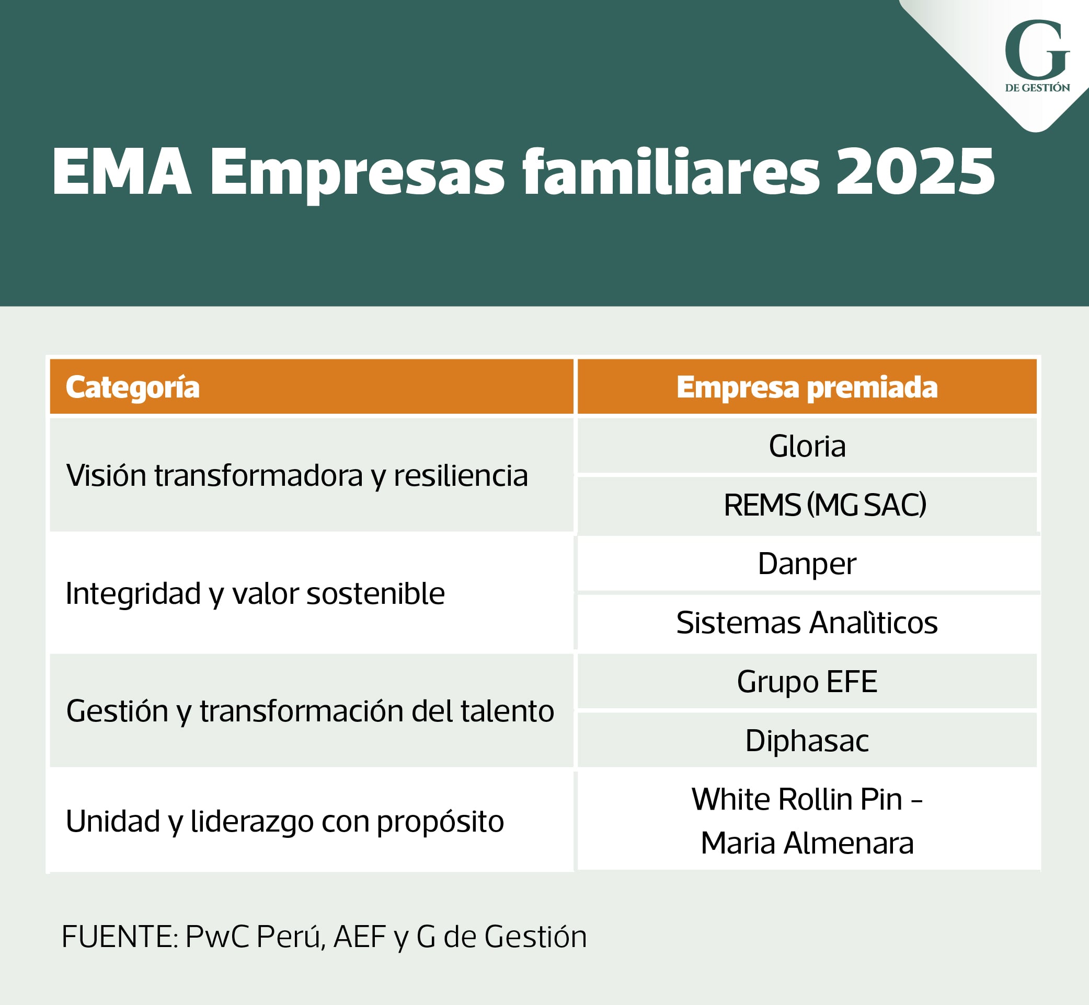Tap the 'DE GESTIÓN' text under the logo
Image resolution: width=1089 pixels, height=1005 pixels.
point(1037,88)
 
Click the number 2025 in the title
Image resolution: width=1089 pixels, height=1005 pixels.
point(915,171)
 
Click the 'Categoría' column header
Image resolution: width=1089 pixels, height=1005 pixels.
point(133,387)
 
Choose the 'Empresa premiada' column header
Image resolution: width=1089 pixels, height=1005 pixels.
point(807,387)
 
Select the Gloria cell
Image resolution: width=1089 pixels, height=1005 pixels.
point(807,446)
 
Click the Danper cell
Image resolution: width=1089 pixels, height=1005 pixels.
point(807,564)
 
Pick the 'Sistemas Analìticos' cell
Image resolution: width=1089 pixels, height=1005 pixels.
point(807,622)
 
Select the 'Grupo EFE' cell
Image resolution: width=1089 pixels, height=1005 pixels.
point(807,682)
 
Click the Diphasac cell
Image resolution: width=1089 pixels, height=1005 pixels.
point(807,740)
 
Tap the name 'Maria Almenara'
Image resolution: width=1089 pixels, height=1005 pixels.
point(807,843)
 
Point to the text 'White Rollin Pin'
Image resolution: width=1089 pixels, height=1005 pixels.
point(797,799)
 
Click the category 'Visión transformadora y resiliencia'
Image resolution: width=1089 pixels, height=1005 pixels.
point(297,475)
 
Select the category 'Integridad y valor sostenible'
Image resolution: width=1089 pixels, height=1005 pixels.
point(255,593)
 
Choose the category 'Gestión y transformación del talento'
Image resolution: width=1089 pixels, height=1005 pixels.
point(310,711)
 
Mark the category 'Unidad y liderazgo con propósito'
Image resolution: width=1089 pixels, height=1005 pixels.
point(284,821)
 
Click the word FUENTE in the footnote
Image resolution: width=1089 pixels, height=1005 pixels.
point(119,937)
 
